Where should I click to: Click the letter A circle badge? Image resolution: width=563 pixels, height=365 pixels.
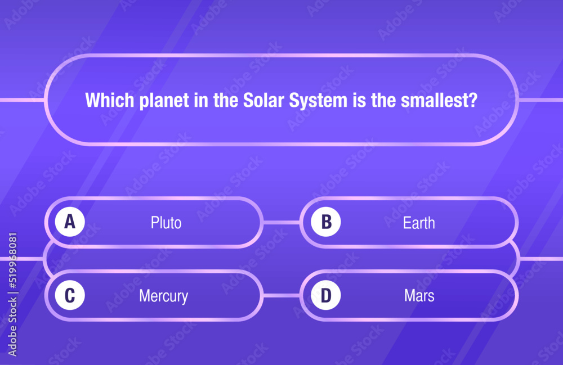coord(70,222)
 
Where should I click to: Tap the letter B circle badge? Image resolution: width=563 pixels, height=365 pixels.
coord(326,222)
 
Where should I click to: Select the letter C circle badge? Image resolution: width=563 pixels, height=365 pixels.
coord(70,295)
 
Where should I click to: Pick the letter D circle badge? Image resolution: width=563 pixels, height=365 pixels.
coord(326,295)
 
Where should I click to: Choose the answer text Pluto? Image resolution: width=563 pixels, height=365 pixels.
coord(166,223)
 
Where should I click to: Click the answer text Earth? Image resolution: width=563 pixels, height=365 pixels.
coord(419,223)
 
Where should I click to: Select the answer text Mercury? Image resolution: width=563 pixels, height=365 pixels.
coord(163,296)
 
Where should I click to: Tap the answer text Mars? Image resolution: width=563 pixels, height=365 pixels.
coord(419,296)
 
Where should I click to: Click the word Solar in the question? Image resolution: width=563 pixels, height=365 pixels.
coord(263,100)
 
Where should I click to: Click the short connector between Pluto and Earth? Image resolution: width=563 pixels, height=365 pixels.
coord(281,222)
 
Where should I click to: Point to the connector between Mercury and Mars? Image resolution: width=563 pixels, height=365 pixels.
coord(281,295)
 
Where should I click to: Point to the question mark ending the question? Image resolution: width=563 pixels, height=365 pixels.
coord(473,100)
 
